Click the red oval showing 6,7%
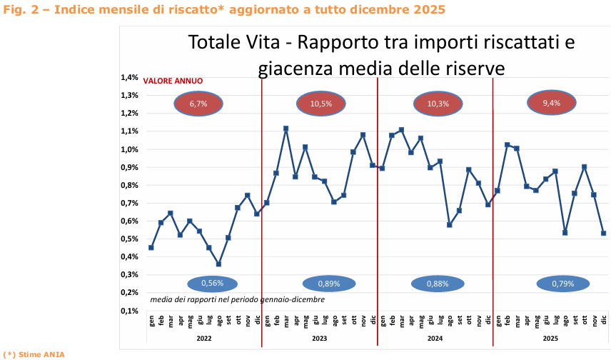(x=198, y=104)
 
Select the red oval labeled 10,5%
(x=320, y=104)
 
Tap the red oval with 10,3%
(x=438, y=104)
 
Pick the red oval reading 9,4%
(x=551, y=104)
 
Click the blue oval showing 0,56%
(x=212, y=284)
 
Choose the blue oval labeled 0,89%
(x=329, y=284)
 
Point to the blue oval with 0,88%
(x=438, y=284)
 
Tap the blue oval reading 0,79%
(x=562, y=284)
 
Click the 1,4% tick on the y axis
(x=128, y=77)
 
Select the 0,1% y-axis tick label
(x=128, y=311)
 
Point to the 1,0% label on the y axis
(x=128, y=149)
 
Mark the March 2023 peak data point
(x=286, y=129)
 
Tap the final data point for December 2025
(x=604, y=233)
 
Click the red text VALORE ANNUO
(x=173, y=81)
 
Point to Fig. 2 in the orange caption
(x=17, y=9)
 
